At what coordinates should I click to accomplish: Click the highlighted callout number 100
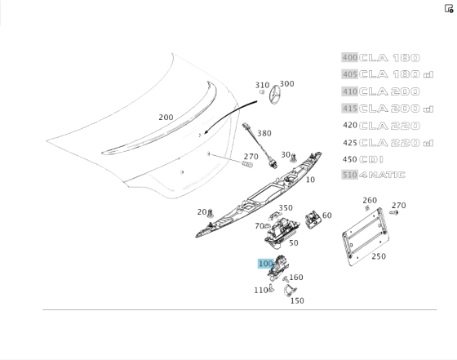(x=265, y=264)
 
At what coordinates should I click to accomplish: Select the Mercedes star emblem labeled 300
(x=275, y=96)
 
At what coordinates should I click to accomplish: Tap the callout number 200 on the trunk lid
(x=166, y=118)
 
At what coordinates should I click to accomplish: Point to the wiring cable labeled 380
(x=260, y=144)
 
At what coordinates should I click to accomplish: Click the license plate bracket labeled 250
(x=366, y=237)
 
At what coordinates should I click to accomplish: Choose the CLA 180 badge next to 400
(x=389, y=58)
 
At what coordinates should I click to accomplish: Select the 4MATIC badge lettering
(x=382, y=175)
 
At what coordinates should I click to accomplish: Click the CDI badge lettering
(x=371, y=159)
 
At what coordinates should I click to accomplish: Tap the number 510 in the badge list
(x=350, y=175)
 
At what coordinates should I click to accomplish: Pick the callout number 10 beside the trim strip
(x=310, y=180)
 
